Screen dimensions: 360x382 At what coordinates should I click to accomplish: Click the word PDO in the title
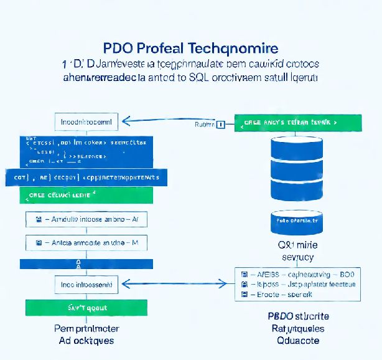coord(115,48)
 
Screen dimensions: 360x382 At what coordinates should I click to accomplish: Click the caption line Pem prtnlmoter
coord(86,328)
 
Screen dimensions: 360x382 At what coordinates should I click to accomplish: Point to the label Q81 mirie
coord(297,245)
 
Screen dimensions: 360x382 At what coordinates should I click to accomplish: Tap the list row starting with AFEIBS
coord(297,273)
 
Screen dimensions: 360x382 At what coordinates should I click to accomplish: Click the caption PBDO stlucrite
coord(298,316)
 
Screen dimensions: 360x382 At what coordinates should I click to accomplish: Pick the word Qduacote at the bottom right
coord(298,340)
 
